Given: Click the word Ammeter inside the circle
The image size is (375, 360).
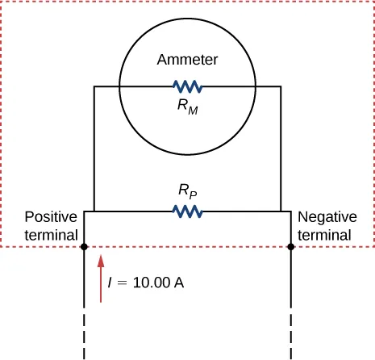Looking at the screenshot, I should click(x=187, y=60).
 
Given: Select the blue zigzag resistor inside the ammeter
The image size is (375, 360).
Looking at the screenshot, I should click(x=187, y=86).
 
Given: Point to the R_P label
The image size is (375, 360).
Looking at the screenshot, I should click(x=187, y=192).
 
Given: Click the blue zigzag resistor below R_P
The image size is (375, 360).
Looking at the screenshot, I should click(x=187, y=211).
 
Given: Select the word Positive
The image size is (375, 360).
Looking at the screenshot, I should click(x=51, y=217).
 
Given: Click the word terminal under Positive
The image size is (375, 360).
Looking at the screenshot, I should click(x=51, y=236).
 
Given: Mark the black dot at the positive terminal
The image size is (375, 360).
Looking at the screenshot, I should click(x=84, y=246).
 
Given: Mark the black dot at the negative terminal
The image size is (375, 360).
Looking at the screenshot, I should click(x=290, y=246).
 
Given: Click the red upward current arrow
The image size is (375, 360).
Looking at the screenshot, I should click(x=101, y=278).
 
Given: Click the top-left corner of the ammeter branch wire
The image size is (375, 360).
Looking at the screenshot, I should click(x=94, y=86).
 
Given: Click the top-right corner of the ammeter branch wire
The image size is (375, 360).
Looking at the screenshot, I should click(x=281, y=86).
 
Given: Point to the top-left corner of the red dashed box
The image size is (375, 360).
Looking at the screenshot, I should click(x=2, y=2).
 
